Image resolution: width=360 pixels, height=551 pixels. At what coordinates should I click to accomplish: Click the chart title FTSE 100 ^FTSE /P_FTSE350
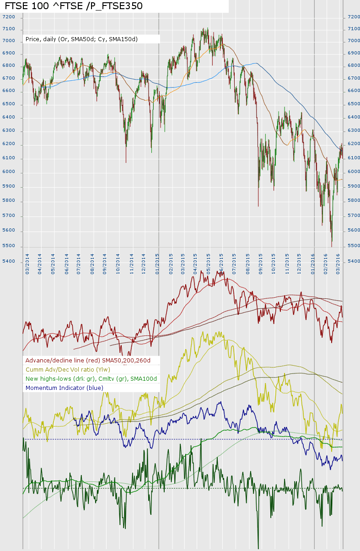coord(73,6)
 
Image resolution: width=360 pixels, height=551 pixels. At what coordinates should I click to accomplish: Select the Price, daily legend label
coord(81,39)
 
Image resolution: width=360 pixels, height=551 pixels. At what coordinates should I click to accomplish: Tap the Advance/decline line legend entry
coord(91,360)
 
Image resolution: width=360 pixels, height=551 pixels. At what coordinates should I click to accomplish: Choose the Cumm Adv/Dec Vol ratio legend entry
coord(68,369)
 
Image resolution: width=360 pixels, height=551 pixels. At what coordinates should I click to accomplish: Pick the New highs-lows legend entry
coord(91,378)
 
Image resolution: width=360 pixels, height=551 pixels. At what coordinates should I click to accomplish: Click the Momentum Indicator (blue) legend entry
coord(64,388)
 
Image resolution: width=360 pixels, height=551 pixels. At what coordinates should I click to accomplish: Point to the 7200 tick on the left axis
coord(9,17)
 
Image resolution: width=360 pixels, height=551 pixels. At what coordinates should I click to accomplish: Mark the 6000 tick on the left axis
coord(9,172)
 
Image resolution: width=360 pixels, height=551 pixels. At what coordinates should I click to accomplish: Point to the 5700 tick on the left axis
coord(9,216)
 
